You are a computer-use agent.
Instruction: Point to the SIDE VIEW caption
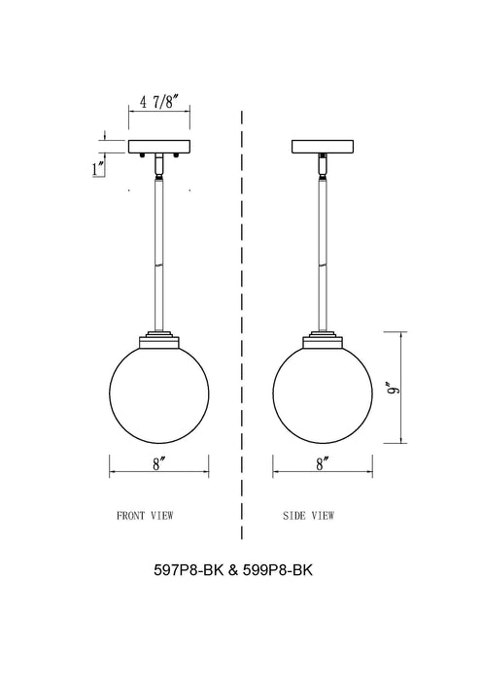tap(308, 515)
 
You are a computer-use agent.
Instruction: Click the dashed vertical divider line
tap(240, 291)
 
